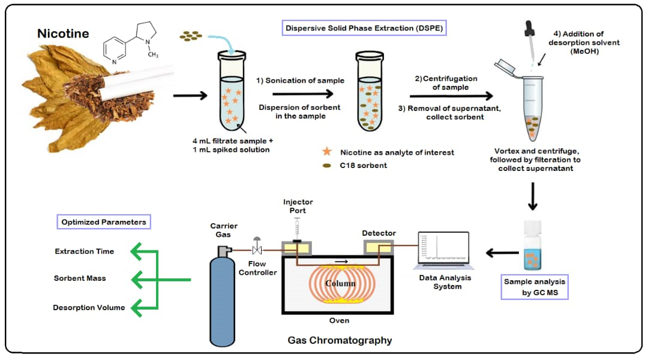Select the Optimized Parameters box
tap(103, 222)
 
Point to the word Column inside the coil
tap(340, 283)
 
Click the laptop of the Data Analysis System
tap(444, 251)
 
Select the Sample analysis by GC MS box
tap(534, 287)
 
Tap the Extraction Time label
tap(84, 251)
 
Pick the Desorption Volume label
tap(89, 308)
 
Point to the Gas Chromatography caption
tap(340, 340)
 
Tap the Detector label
tap(379, 233)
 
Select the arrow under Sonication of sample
tap(302, 94)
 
